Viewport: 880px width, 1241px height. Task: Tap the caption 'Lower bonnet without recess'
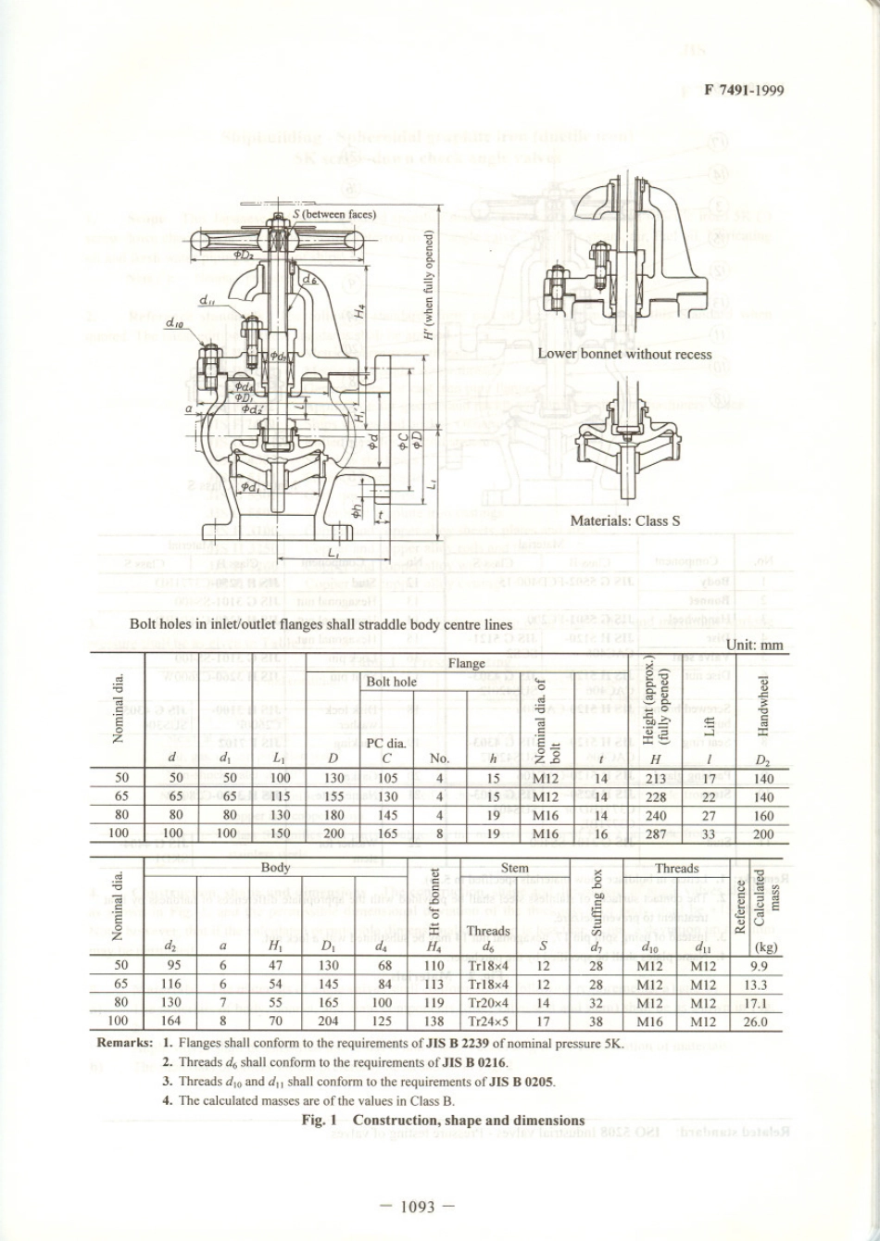624,354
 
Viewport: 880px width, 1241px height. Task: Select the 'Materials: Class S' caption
624,520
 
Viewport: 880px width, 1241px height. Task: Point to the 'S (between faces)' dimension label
334,214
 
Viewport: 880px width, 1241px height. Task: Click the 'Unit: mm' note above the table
755,645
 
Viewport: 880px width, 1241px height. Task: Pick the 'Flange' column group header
466,663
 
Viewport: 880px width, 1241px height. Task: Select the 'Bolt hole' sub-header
392,682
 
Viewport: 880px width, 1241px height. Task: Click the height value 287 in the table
656,834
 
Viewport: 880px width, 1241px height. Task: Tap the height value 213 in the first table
656,779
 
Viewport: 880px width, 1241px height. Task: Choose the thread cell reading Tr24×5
488,1022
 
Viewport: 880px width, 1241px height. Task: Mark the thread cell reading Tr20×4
488,1003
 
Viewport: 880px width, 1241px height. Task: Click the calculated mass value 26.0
756,1022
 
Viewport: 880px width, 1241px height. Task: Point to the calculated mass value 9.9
756,966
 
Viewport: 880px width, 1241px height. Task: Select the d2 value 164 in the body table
170,1022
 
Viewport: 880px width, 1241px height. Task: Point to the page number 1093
418,1206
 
